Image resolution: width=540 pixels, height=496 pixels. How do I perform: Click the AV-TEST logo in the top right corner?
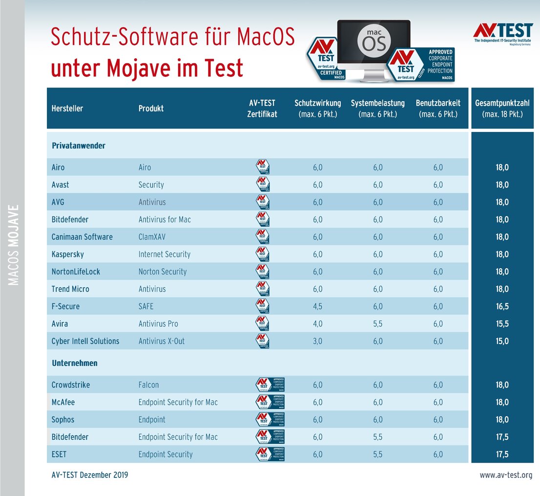click(502, 34)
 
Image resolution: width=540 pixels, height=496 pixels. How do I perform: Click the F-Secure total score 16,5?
click(502, 306)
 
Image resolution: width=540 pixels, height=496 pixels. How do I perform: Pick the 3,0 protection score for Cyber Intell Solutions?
click(317, 341)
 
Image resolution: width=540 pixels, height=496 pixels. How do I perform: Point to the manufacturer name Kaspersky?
click(67, 254)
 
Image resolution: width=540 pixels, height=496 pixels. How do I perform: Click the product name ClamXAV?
click(154, 237)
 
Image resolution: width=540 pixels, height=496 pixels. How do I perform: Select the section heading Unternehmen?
click(74, 363)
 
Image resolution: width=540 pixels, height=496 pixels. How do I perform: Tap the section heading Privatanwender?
click(78, 146)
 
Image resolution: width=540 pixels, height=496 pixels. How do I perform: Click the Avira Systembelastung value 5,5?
click(378, 323)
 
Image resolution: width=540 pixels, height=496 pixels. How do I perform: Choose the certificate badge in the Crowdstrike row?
click(270, 385)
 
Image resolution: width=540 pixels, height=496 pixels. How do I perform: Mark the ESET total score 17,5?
click(502, 454)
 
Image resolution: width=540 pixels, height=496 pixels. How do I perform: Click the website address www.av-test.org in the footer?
click(506, 475)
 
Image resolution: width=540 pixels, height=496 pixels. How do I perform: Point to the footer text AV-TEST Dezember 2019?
click(89, 475)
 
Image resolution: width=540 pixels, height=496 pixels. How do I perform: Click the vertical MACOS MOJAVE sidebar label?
click(14, 244)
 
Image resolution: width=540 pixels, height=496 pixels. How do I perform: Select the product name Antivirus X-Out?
click(162, 341)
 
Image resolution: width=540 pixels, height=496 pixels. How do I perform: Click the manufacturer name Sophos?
click(63, 420)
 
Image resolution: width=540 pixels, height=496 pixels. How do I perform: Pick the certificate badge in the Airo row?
click(263, 167)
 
